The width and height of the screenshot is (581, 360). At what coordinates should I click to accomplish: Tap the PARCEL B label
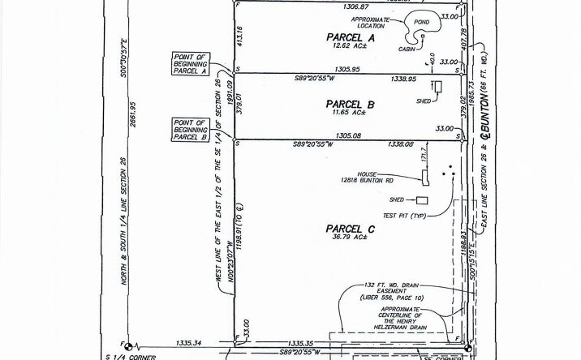pyautogui.click(x=349, y=105)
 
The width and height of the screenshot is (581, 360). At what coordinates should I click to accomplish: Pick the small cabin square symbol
pyautogui.click(x=423, y=36)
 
